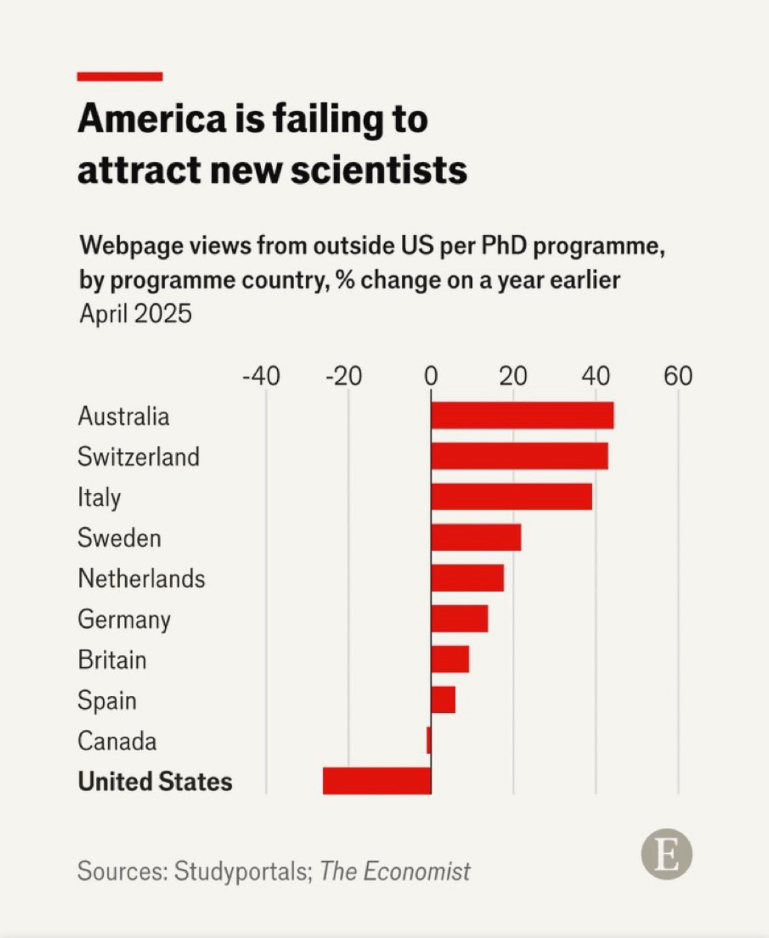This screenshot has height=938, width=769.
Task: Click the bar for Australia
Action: click(522, 416)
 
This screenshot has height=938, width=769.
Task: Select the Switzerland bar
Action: click(519, 456)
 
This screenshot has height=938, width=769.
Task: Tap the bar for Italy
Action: click(511, 496)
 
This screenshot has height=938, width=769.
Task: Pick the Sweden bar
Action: click(476, 537)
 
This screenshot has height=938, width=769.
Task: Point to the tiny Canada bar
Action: click(429, 740)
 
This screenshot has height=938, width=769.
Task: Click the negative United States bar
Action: click(377, 781)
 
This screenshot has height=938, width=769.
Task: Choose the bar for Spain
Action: click(444, 700)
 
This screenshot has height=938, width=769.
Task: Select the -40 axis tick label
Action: click(261, 376)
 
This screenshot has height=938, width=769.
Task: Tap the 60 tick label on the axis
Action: click(678, 376)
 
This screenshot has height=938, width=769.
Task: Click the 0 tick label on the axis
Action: click(430, 376)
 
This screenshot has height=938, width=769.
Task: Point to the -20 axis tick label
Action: click(344, 376)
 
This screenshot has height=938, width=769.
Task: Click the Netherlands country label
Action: click(142, 579)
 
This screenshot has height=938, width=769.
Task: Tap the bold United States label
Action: click(155, 781)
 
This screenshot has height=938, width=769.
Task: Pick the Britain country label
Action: click(112, 660)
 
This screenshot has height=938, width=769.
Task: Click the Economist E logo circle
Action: click(666, 854)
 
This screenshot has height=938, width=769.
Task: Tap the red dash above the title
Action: click(119, 76)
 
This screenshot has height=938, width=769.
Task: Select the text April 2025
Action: click(136, 314)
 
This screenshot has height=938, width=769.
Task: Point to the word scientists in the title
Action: click(379, 170)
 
